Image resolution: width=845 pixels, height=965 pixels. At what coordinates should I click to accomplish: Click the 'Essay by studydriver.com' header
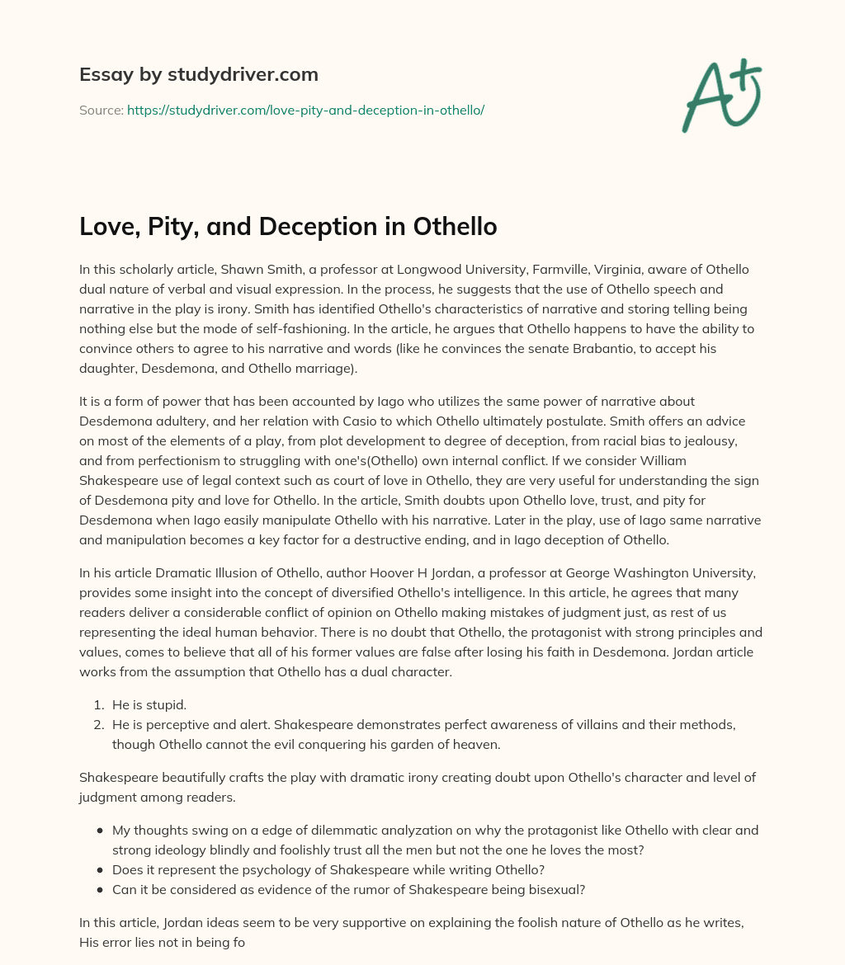pos(198,75)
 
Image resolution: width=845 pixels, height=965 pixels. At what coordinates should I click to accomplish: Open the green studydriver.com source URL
pos(305,110)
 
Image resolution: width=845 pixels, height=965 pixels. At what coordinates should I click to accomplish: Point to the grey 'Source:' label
pos(101,110)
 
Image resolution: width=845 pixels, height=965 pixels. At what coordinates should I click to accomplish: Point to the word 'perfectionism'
pos(147,461)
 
